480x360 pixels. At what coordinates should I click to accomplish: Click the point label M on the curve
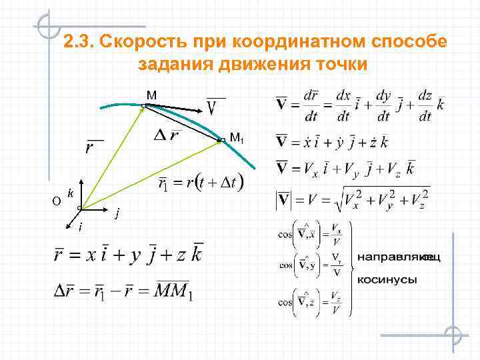[152, 95]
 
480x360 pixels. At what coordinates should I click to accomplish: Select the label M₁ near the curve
[237, 138]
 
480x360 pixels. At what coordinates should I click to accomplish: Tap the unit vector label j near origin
[117, 214]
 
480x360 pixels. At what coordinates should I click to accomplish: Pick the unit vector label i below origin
[80, 229]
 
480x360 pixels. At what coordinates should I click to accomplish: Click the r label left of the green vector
[89, 147]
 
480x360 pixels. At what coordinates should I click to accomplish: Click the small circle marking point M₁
[220, 140]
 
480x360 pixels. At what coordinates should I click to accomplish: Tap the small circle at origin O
[79, 209]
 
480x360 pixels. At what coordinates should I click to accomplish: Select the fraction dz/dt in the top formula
[425, 105]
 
